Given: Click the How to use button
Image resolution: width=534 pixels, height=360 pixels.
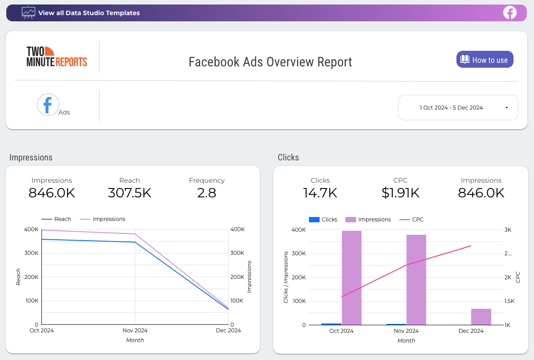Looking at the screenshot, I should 485,60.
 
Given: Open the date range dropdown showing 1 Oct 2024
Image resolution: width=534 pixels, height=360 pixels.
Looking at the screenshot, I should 458,107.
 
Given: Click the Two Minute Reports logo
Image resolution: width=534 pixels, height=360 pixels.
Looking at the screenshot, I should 57,57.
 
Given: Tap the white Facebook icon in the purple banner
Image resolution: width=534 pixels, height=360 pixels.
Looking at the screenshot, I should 509,12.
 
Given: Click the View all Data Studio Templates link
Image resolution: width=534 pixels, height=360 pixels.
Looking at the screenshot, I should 89,13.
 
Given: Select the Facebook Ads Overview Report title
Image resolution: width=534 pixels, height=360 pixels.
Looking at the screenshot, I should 270,61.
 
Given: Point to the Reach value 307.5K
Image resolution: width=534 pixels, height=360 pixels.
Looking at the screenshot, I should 130,192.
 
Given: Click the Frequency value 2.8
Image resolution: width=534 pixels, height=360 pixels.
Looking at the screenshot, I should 206,192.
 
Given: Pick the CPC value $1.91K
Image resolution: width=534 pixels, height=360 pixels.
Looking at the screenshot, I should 401,192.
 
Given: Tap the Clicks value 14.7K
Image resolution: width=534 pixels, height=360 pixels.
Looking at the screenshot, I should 320,192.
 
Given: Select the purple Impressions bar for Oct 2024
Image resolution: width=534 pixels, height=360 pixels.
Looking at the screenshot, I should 351,278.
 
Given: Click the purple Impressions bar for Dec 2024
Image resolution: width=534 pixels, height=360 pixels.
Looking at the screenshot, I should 481,317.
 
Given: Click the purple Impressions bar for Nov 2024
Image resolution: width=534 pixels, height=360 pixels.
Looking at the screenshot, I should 416,280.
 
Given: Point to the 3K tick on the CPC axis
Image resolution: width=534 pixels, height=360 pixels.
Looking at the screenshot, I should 508,230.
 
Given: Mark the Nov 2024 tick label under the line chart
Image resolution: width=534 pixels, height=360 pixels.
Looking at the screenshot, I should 135,331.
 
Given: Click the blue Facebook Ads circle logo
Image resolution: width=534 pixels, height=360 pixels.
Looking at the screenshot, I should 48,105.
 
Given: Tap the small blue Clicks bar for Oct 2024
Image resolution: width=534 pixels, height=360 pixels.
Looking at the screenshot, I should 331,324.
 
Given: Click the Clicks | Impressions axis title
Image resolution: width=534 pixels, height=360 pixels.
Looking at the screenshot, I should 286,277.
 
